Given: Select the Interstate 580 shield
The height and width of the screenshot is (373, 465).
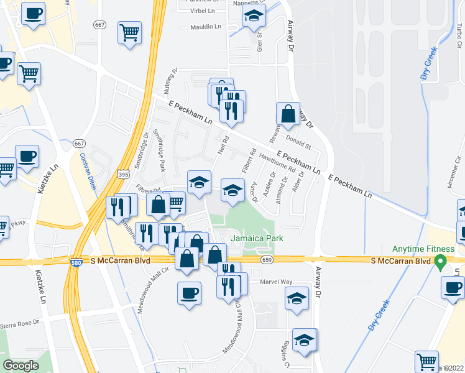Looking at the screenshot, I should (x=76, y=263).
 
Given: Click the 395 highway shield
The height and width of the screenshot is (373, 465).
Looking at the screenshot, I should (x=123, y=175).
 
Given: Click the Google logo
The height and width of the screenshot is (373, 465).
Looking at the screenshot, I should (x=21, y=365).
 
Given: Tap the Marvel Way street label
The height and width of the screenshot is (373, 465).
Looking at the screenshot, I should (x=277, y=282).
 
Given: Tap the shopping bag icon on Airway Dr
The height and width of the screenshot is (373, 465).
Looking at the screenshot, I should (x=288, y=114).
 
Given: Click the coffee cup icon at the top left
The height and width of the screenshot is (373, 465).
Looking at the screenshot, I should (x=33, y=12).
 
